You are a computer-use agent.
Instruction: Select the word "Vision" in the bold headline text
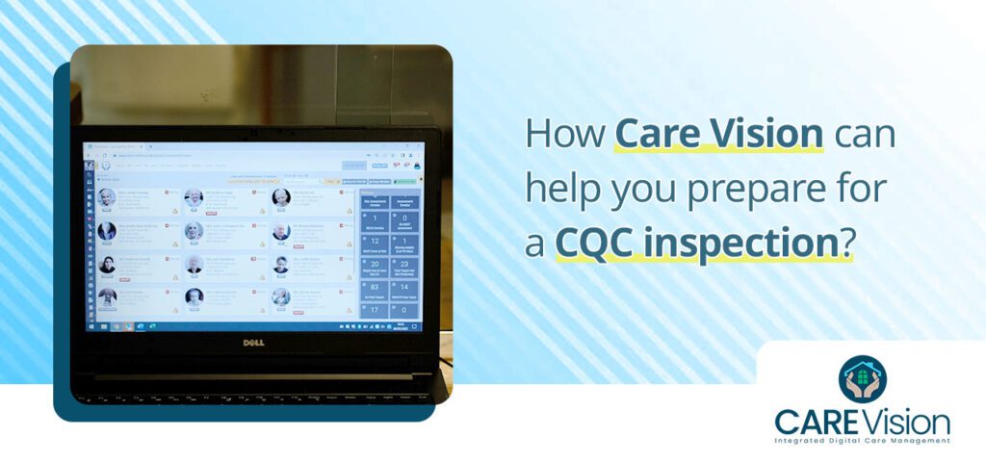tap(768, 135)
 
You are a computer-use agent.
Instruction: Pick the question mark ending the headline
tap(847, 242)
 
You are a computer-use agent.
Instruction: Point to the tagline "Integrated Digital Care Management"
tap(862, 441)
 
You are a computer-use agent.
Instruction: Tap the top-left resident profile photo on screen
tap(106, 197)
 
